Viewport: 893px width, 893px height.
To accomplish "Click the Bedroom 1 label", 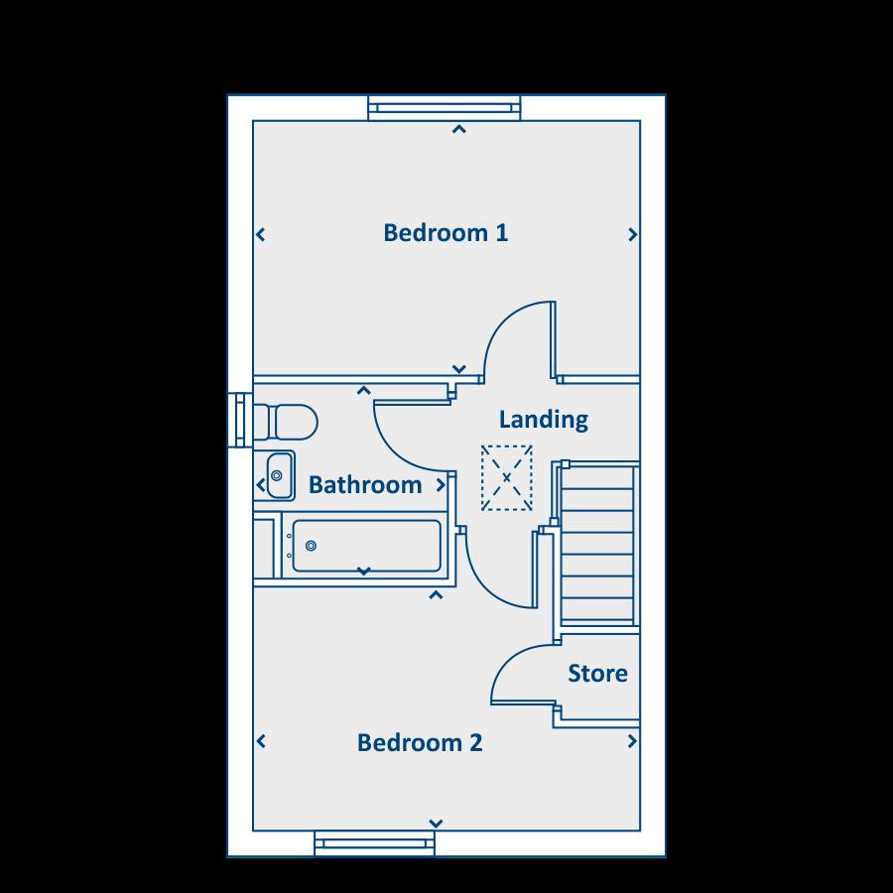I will point(446,233).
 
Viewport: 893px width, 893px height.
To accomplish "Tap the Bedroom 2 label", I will point(420,743).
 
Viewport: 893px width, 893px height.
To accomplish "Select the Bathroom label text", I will point(364,485).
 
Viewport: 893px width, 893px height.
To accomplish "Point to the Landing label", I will point(543,420).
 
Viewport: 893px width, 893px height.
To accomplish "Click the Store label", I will point(597,674).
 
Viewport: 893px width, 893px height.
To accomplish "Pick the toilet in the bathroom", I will point(286,421).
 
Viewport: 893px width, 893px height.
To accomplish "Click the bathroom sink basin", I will point(279,476).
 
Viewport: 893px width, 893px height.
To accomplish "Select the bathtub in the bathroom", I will point(365,546).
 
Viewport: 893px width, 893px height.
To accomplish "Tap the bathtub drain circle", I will point(311,546).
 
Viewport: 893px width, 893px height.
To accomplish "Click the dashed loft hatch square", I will point(507,477).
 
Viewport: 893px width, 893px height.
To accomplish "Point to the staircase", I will point(597,546).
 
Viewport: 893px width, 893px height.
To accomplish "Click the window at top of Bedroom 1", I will point(445,108).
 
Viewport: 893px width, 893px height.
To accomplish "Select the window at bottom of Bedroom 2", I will point(375,844).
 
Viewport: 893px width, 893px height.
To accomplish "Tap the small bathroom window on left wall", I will point(238,421).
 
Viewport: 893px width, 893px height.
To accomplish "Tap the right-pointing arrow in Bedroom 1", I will point(632,235).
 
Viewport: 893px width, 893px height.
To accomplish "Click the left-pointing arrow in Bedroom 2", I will point(262,741).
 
